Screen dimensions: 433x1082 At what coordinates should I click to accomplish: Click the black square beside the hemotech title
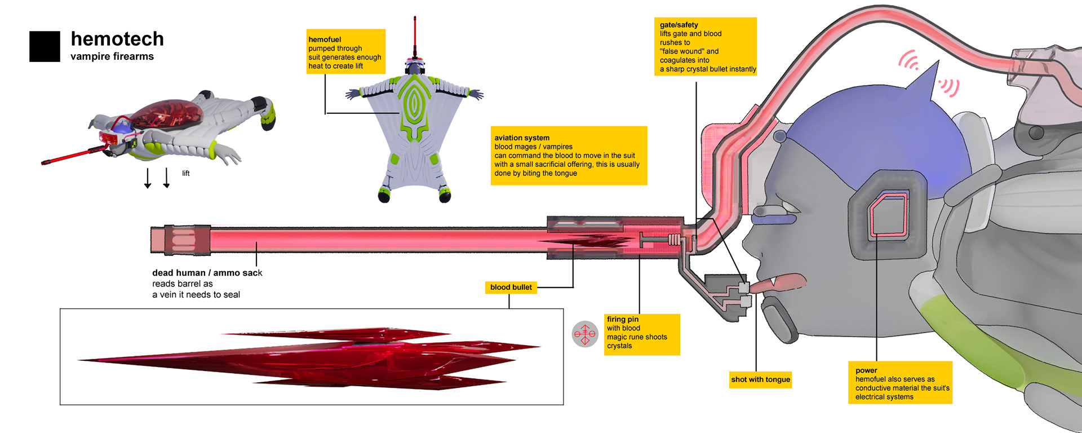45,46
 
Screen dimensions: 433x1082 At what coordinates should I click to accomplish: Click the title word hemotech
117,39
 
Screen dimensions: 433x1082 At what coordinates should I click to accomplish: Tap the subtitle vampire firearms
112,56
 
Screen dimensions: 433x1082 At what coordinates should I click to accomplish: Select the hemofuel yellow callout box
345,52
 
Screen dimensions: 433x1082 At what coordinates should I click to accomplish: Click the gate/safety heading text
679,25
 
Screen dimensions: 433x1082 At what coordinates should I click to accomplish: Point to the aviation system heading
522,138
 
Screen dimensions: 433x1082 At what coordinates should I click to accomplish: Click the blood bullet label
511,288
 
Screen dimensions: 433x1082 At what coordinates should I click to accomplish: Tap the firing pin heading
623,319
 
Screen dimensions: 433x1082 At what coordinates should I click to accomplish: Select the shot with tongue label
760,379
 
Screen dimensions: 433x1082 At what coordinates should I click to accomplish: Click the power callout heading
866,370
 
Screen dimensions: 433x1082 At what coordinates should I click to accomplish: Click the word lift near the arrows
186,174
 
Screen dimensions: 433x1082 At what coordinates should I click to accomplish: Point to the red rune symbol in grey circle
584,334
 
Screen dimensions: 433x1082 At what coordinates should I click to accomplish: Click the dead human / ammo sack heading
207,273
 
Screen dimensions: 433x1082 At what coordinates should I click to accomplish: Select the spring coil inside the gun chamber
674,240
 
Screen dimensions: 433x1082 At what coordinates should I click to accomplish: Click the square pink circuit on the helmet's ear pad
889,215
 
